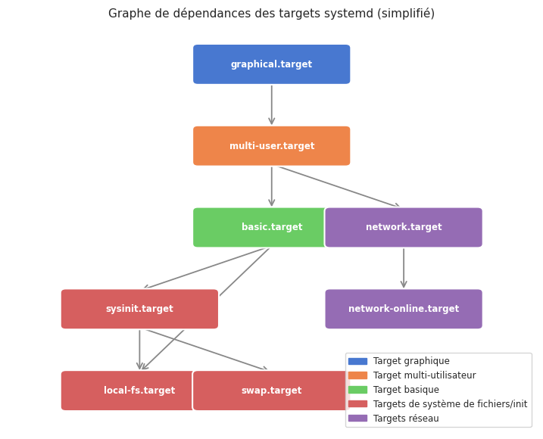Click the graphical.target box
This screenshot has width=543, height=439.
[x=271, y=64]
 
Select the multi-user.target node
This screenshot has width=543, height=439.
[x=271, y=146]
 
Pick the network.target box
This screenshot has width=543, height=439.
[x=404, y=227]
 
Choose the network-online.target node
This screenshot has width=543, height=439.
[x=404, y=309]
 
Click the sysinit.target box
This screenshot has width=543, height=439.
[x=139, y=309]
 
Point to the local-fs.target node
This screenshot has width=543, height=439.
[x=129, y=391]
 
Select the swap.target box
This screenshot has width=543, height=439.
[x=271, y=391]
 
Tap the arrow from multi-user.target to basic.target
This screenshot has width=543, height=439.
[x=272, y=186]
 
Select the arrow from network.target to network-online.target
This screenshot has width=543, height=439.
[x=404, y=268]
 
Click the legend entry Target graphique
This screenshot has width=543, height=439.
[x=411, y=361]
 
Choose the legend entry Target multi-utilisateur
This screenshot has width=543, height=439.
[x=424, y=375]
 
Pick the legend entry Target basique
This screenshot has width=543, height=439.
[x=406, y=390]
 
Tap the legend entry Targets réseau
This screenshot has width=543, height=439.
[x=406, y=419]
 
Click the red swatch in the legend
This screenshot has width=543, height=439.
[x=357, y=404]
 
